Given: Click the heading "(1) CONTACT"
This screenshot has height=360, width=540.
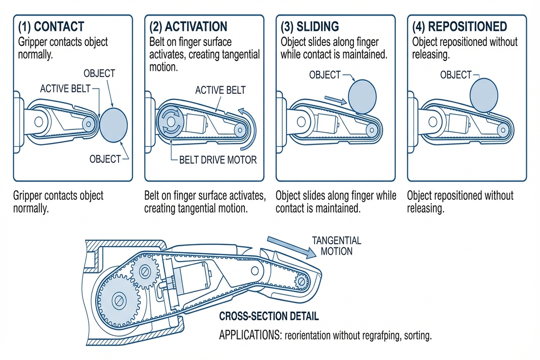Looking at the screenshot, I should click(x=51, y=27).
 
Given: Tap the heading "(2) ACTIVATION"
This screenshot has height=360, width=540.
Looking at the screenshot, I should click(x=188, y=27).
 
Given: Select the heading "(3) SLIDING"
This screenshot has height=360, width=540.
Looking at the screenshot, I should click(x=310, y=27).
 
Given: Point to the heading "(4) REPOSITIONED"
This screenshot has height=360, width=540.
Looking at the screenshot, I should click(x=459, y=27).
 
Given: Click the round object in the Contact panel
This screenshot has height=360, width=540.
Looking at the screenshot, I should click(x=113, y=125).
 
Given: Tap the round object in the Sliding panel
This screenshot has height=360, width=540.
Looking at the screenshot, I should click(x=362, y=97).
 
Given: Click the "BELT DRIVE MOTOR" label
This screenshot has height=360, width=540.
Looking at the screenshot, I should click(x=218, y=160).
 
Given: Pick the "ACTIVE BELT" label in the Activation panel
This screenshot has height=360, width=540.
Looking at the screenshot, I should click(x=220, y=90).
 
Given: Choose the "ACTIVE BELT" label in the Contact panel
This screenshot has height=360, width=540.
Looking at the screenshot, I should click(x=65, y=89).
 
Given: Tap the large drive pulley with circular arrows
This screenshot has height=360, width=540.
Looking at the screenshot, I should click(x=171, y=122).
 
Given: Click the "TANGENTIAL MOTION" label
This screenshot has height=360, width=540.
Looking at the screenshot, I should click(x=336, y=246).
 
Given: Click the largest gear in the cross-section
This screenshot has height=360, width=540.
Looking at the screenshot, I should click(x=118, y=301).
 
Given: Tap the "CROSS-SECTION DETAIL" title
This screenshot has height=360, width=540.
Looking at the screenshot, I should click(x=269, y=316).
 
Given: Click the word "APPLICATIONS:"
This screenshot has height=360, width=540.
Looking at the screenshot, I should click(x=250, y=335).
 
